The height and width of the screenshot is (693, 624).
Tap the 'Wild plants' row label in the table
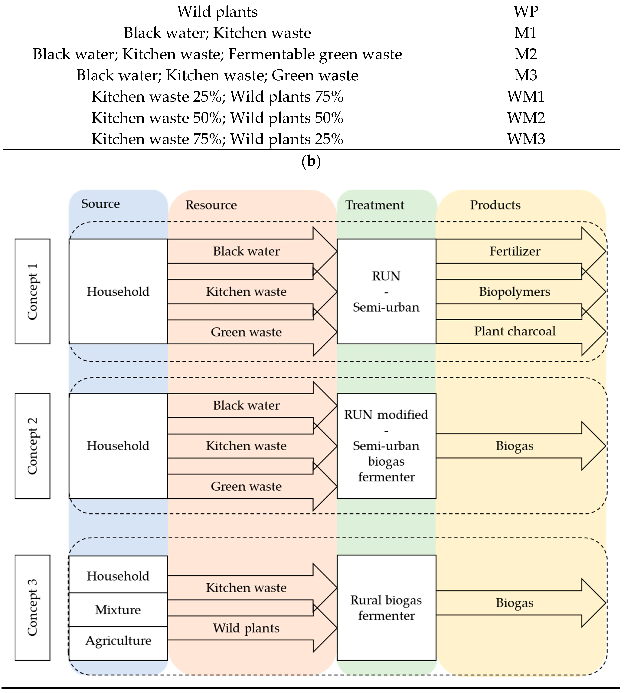[x=217, y=12]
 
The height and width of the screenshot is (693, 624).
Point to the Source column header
[x=100, y=204]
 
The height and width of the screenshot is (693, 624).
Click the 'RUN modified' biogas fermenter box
[x=386, y=446]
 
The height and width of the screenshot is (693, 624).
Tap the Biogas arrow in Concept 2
[x=514, y=446]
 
